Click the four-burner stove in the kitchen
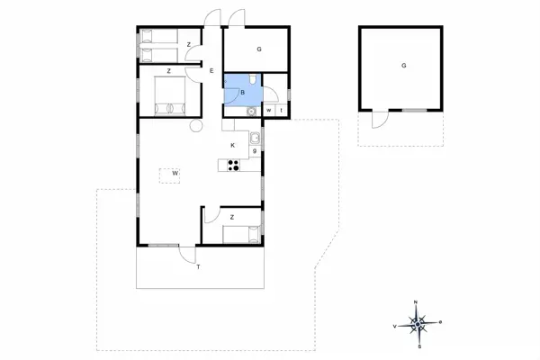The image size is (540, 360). point(234,165)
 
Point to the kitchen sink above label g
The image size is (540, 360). point(256,138)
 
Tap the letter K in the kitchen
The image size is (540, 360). point(232,145)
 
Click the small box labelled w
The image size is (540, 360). point(269,111)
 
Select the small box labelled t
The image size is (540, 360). point(282,111)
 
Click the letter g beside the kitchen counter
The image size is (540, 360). point(256,151)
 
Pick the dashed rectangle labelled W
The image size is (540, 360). point(168,174)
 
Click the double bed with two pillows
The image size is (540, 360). point(168,95)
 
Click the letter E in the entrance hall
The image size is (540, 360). point(211,71)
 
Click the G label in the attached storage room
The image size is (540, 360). point(258,49)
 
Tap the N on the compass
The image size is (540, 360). point(416,301)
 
